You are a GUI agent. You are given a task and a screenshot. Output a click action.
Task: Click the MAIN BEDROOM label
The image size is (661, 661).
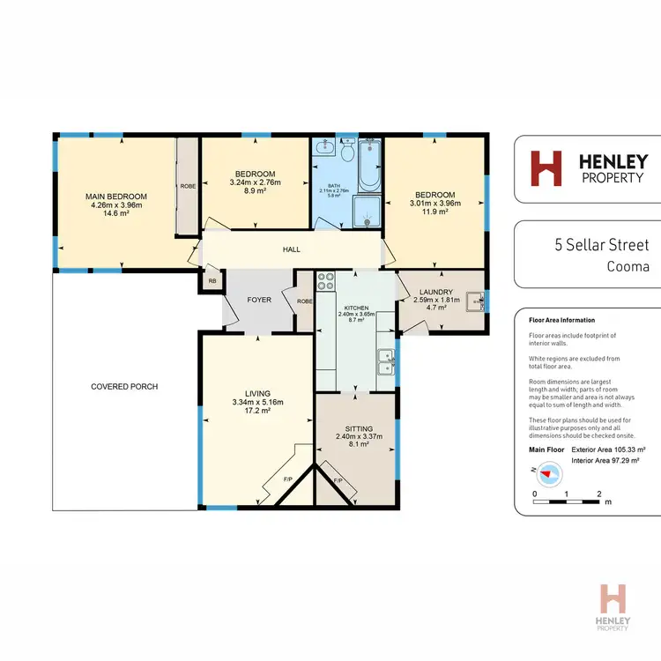click(x=115, y=196)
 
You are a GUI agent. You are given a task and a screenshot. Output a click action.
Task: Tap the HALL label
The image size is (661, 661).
click(x=291, y=250)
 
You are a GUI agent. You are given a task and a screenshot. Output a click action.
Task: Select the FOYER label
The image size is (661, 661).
click(x=259, y=300)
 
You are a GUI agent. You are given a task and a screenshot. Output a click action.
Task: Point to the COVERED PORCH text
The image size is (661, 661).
click(x=123, y=386)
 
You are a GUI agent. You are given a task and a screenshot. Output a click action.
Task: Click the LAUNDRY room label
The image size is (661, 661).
click(x=437, y=292)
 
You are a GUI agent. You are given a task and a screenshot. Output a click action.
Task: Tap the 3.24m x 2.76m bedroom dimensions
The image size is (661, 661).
click(x=255, y=182)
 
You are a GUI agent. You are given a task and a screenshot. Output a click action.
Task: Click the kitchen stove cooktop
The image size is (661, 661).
click(x=324, y=282)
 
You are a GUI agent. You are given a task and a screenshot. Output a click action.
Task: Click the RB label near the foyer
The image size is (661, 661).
click(x=212, y=281)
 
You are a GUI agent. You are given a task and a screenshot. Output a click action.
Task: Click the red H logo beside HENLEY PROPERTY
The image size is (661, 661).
click(x=546, y=168)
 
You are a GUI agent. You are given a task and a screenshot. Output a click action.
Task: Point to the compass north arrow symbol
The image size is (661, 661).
click(x=550, y=473)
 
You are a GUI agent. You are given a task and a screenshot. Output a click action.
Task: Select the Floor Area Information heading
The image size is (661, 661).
click(x=561, y=321)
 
